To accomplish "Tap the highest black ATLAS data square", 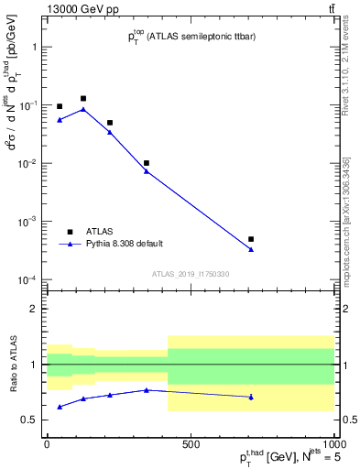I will tap(83, 98).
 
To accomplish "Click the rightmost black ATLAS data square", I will tap(251, 239).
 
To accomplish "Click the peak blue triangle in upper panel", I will tap(83, 109).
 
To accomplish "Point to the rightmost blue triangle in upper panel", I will tap(251, 249).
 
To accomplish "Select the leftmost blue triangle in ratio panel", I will tap(60, 407).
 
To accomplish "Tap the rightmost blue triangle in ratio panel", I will tap(251, 397).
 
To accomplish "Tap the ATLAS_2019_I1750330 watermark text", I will tap(190, 274).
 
